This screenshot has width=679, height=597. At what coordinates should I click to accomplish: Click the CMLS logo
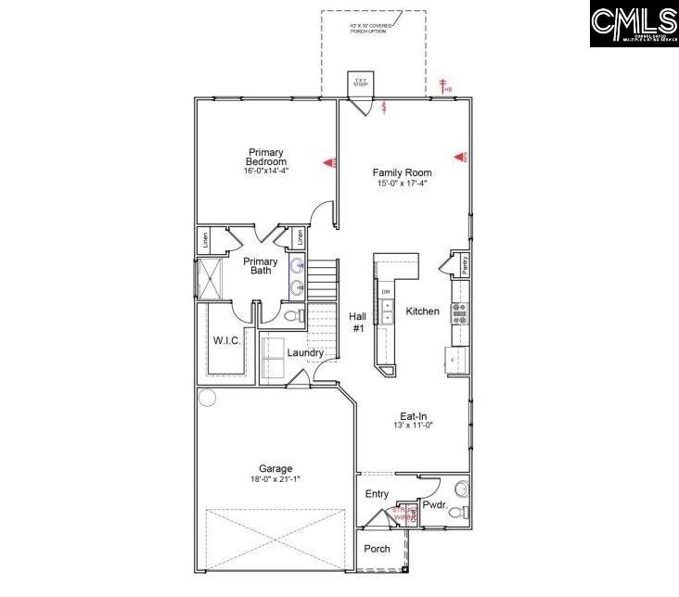634,24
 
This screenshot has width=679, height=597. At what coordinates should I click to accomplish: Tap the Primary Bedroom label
266,157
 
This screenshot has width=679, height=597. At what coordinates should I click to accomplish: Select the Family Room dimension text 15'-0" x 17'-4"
402,184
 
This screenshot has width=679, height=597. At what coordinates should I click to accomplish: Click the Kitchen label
422,311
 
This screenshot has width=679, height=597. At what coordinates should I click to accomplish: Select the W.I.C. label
227,341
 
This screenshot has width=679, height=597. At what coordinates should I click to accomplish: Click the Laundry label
305,353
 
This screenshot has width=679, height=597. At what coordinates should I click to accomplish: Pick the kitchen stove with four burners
458,311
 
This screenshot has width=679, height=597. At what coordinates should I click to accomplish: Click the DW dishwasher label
386,292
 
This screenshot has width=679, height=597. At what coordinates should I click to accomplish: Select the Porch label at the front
377,549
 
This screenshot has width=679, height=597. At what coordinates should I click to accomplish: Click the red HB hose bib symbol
445,88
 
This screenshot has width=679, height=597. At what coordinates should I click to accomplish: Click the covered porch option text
371,28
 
